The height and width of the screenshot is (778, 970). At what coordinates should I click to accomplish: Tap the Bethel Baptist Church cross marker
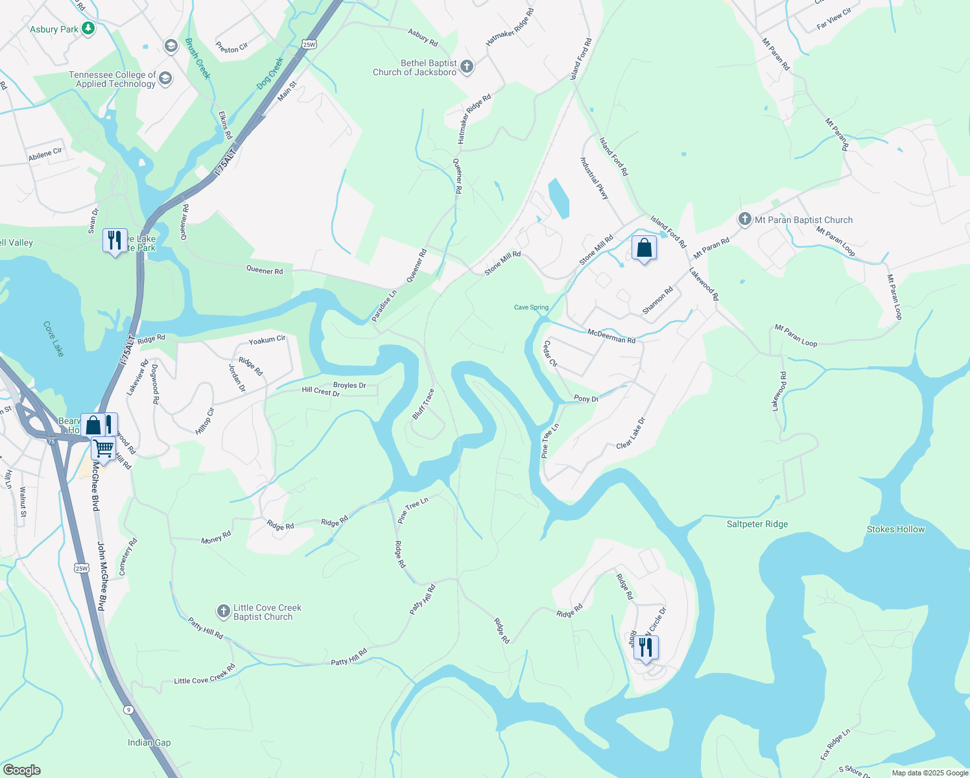tap(466, 66)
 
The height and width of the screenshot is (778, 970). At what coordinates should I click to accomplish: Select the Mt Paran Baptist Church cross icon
tap(744, 219)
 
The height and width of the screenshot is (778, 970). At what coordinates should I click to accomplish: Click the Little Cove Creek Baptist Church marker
tap(223, 611)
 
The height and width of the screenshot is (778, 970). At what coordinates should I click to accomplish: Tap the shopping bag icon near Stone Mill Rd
tap(644, 248)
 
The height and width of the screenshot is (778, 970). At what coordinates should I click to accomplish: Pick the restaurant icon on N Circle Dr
tap(646, 648)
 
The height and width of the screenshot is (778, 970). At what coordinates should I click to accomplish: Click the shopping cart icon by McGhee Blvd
tap(103, 448)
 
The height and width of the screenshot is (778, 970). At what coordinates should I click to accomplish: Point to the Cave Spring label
tap(531, 307)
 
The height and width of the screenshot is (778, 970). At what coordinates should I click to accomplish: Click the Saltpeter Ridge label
tap(757, 524)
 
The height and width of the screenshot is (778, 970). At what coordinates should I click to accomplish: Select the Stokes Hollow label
tap(895, 529)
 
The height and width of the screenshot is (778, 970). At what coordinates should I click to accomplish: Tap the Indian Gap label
tap(149, 742)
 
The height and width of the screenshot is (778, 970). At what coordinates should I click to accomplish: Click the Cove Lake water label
tap(54, 338)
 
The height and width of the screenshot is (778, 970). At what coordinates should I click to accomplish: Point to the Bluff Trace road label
tap(423, 404)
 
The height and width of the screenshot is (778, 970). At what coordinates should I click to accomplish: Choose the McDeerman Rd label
tap(611, 336)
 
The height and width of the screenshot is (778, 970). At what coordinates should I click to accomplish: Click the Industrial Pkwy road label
tap(595, 178)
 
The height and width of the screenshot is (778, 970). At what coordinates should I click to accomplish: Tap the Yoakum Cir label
tap(267, 340)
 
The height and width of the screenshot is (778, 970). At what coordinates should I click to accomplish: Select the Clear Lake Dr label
tap(631, 433)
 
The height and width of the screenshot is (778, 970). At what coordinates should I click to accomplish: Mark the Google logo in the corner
tap(22, 770)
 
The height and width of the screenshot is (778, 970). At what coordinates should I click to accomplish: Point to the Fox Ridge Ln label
tap(835, 745)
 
